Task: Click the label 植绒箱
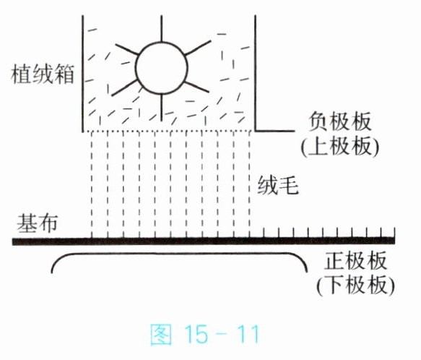tap(43, 74)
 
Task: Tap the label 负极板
tap(339, 121)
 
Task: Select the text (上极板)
tap(339, 146)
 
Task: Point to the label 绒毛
tap(278, 185)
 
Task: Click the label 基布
tap(38, 223)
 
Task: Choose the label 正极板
tap(355, 261)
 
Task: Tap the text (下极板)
tap(355, 285)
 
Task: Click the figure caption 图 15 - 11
tap(204, 334)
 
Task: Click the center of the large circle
tap(162, 68)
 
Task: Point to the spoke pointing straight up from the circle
tap(161, 28)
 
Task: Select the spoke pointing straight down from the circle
tap(161, 108)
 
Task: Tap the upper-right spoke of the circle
tap(198, 48)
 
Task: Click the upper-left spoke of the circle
tap(126, 49)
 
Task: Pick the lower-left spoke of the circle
tap(124, 87)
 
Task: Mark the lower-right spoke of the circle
tap(197, 87)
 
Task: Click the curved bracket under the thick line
tap(179, 253)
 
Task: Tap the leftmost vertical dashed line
tap(92, 185)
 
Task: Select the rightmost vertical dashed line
tap(249, 185)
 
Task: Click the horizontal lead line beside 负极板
tap(274, 131)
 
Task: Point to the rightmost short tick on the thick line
tap(394, 233)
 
